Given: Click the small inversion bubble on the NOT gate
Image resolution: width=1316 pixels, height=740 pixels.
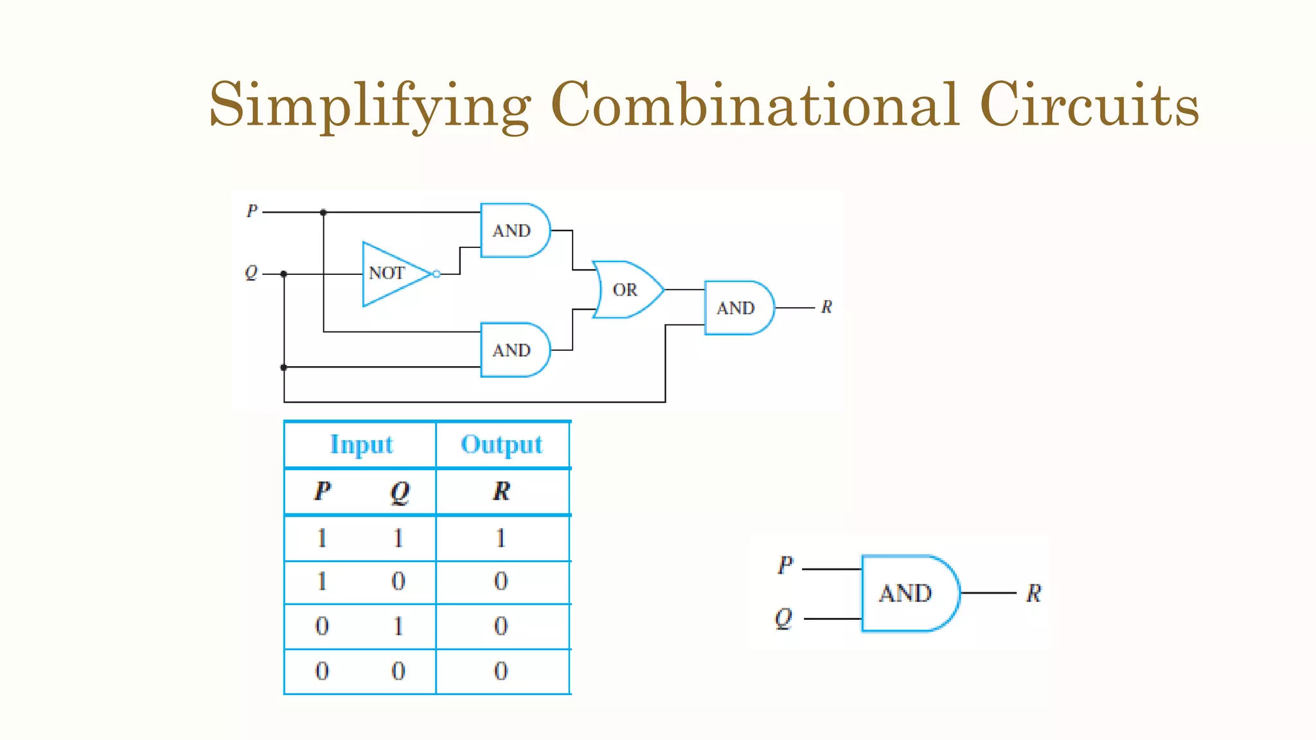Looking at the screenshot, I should coord(437,274).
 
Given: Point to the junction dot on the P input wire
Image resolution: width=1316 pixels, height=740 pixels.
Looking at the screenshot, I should coord(323,212).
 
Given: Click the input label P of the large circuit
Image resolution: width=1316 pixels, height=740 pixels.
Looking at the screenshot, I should coord(252,211).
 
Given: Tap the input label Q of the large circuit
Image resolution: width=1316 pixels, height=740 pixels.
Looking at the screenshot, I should coord(251,273).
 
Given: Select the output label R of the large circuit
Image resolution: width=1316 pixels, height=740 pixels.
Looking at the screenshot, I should coord(826,308).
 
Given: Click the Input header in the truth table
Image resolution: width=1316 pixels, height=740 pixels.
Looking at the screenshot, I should coord(361,445).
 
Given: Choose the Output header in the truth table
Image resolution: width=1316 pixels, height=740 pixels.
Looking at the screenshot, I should coord(502,445).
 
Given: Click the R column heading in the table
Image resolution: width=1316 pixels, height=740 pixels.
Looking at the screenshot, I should coord(502,491).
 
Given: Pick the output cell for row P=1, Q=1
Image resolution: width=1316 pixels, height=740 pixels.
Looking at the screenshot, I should coord(501,538).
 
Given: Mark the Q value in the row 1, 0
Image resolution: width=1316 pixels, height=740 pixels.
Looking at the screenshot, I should coord(398,581).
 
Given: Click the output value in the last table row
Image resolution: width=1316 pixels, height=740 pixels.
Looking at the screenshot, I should coord(501,671).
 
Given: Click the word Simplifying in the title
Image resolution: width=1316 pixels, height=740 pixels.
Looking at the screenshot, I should coord(370,105).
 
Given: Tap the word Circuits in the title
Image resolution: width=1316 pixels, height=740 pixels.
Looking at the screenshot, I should coord(1089,105).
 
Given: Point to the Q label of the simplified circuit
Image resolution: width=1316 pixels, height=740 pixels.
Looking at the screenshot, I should coord(783,619).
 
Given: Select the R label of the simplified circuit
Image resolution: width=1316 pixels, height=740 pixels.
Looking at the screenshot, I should coord(1033,593).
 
